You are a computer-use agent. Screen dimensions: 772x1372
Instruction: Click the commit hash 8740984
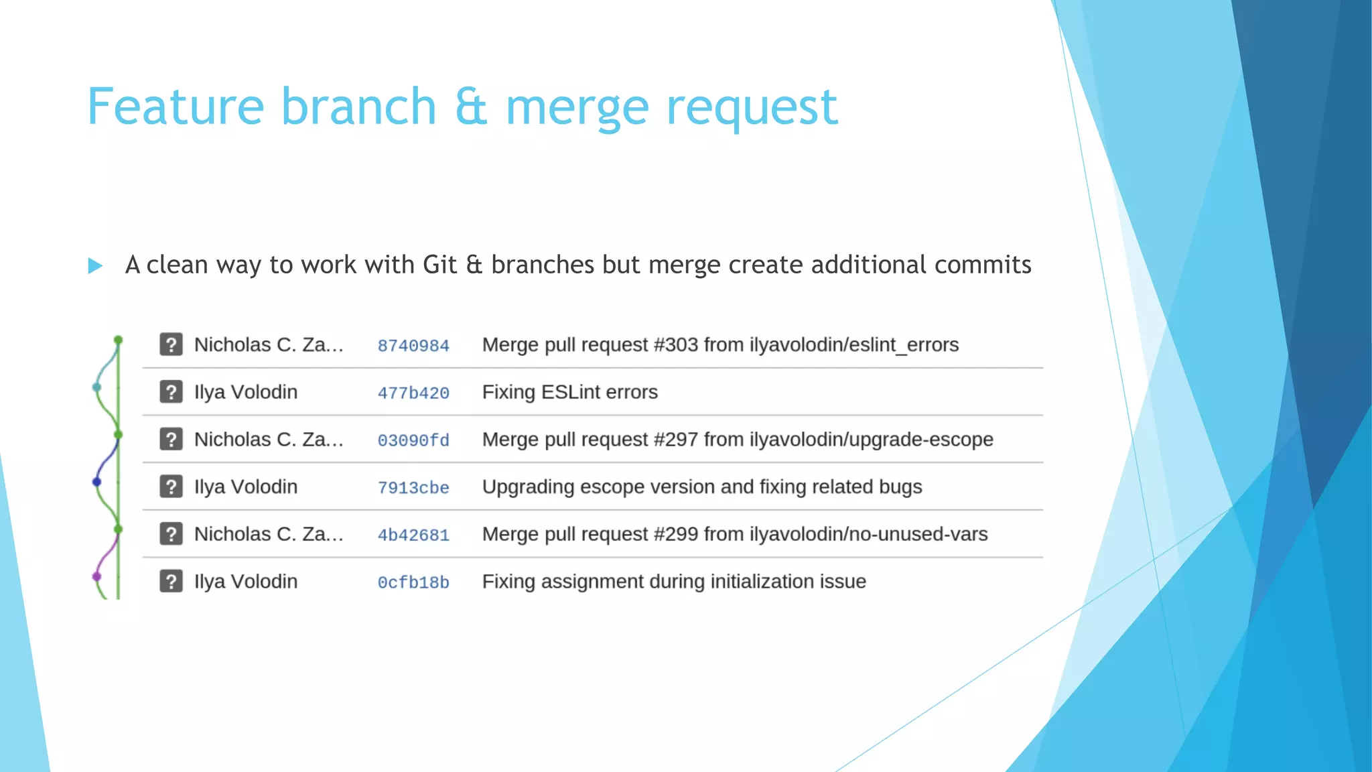413,346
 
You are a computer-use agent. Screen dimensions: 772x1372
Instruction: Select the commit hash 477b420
413,393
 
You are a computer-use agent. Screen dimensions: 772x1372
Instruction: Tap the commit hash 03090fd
413,440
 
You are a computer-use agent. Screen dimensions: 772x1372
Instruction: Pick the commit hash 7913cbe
413,488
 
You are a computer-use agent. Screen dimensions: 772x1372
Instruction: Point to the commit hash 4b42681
413,535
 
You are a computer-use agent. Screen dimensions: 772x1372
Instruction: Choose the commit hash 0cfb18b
413,582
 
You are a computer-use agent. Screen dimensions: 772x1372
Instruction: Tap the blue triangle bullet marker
95,266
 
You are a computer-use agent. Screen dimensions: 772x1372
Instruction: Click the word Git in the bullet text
440,265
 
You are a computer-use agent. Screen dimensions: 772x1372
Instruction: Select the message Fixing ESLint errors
569,392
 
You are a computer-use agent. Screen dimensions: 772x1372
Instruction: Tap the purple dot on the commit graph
96,576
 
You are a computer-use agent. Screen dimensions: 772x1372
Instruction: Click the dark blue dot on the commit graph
96,481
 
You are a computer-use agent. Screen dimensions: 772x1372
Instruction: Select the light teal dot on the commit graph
96,387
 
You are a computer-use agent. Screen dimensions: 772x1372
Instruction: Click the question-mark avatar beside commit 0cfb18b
171,581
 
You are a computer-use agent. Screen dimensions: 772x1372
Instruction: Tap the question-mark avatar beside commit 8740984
171,344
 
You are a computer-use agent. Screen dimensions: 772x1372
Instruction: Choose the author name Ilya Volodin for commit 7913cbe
246,487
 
